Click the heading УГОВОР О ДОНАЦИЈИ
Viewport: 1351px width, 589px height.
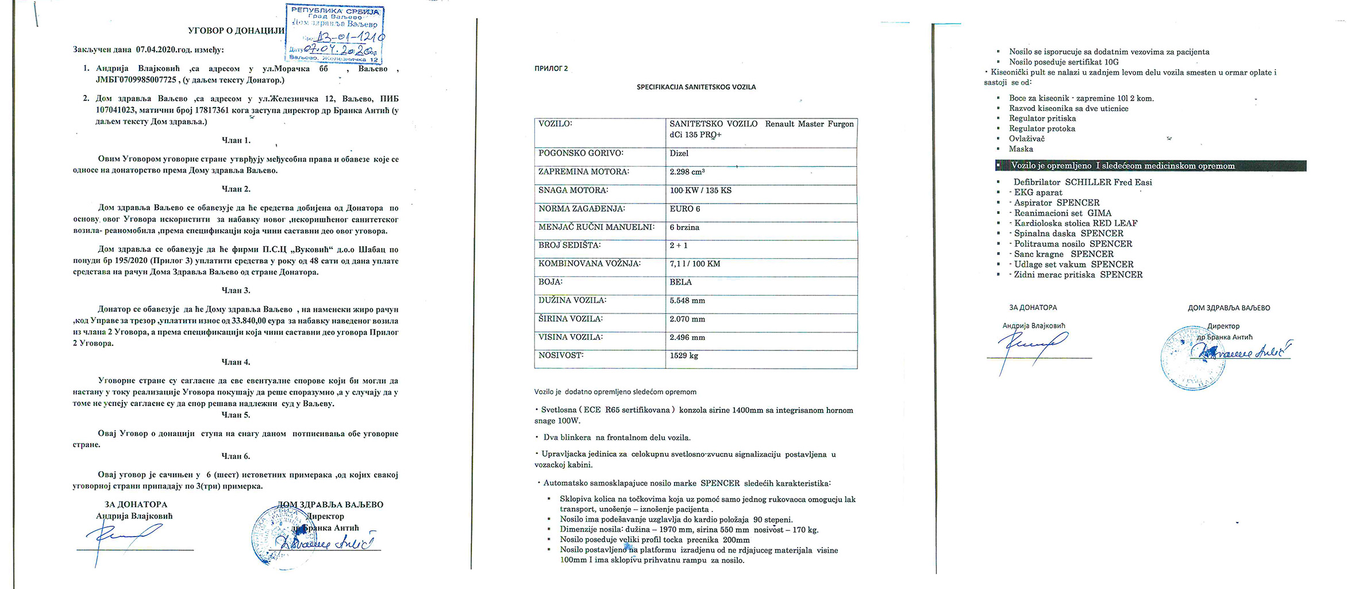(236, 30)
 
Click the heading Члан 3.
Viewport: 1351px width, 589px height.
(236, 290)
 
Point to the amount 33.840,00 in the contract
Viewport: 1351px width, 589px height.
(248, 321)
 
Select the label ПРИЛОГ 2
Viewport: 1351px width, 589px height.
(551, 68)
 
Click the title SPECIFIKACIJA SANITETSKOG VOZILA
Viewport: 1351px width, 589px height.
(696, 87)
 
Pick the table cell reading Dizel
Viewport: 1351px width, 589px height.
(679, 154)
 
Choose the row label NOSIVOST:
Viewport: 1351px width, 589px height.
(561, 355)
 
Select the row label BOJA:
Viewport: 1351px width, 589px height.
(551, 282)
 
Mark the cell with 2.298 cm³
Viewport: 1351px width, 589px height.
(687, 172)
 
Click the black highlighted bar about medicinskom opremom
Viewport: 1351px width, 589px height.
(1150, 166)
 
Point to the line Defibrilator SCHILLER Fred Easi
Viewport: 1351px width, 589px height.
(1083, 182)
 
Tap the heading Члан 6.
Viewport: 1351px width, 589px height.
(236, 456)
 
